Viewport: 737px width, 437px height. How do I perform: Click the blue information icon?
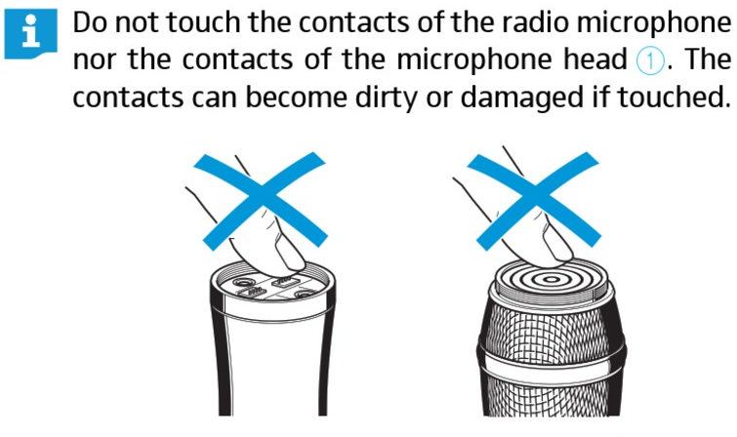pos(30,34)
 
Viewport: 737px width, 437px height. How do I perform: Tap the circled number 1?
pos(650,61)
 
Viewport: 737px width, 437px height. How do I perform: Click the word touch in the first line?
pos(203,22)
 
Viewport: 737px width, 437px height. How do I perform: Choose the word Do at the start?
pos(90,22)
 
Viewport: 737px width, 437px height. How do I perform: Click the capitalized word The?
pos(707,60)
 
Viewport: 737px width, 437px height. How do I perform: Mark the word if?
pos(599,97)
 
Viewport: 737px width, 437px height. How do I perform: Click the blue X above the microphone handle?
pos(261,200)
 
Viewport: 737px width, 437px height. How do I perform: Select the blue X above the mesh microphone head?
pos(534,200)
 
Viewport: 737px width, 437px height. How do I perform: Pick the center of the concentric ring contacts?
pos(550,280)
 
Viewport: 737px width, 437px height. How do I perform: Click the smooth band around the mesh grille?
pos(551,364)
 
